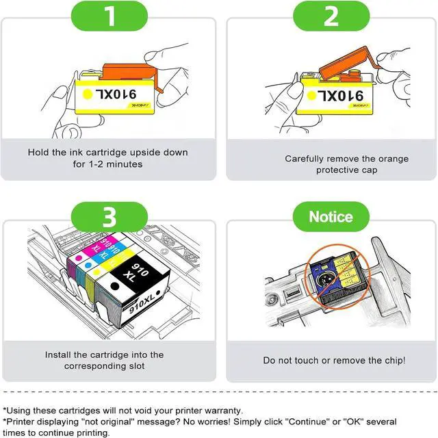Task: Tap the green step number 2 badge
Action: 331,17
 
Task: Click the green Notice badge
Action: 331,217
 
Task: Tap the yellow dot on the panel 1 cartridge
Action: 88,92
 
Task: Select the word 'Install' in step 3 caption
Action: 59,355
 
